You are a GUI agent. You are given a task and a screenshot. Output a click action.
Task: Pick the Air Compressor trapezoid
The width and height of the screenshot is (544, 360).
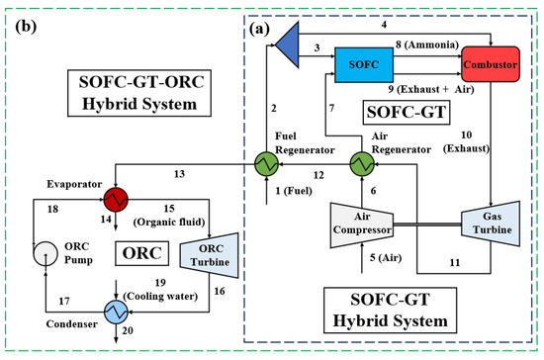[361, 228]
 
